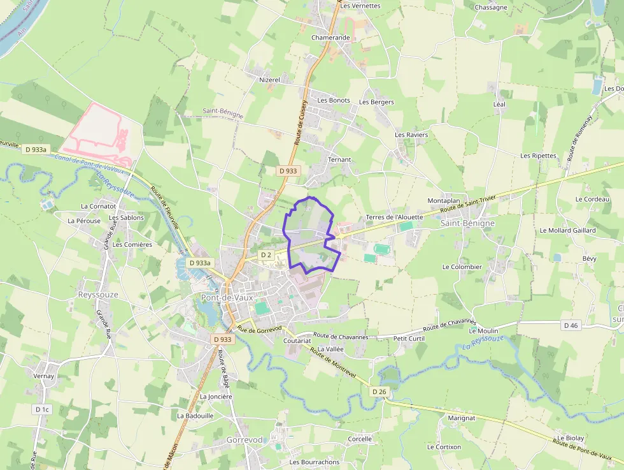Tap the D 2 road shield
tap(266, 255)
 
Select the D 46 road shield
tap(571, 325)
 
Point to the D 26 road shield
tap(379, 392)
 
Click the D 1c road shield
tap(42, 409)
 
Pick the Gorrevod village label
tap(245, 440)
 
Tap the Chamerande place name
tap(330, 38)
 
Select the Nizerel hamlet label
tap(269, 80)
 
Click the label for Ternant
tap(339, 159)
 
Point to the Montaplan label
tap(444, 200)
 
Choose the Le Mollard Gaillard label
tap(567, 230)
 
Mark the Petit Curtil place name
tap(409, 338)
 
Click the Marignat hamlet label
tap(461, 418)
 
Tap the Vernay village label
tap(43, 376)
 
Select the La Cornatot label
tap(98, 206)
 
